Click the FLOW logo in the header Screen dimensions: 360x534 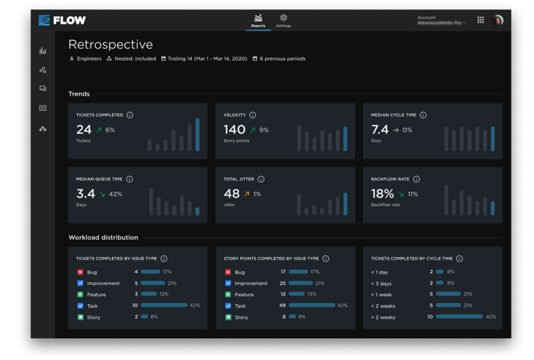tap(62, 21)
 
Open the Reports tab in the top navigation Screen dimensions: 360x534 tap(258, 21)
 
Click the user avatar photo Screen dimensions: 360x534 tap(498, 20)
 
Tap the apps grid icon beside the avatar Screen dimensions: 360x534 tap(481, 20)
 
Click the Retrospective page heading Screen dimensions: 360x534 tap(110, 45)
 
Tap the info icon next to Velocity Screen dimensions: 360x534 tap(253, 115)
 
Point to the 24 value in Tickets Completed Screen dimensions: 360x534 tap(84, 130)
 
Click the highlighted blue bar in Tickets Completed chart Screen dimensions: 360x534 tap(197, 135)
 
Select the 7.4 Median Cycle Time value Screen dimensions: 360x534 tap(380, 130)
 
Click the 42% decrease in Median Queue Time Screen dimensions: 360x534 tap(115, 194)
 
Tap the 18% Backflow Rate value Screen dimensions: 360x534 tap(383, 194)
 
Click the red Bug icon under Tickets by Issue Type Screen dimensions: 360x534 tap(80, 272)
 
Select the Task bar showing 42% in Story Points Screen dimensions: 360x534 tap(311, 305)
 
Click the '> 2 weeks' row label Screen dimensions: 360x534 tap(383, 317)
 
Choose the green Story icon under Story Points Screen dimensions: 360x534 tap(228, 317)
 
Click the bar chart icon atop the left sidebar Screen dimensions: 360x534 tap(43, 51)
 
